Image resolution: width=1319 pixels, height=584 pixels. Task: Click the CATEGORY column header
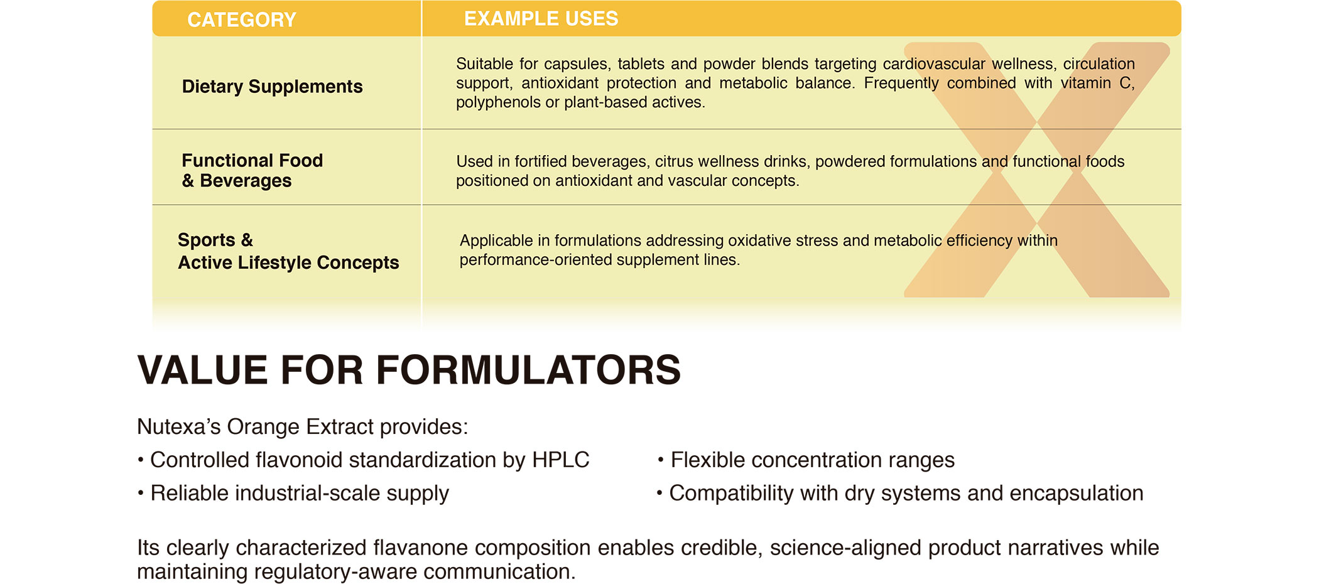pos(241,20)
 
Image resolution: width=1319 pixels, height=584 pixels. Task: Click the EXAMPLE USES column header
pos(541,19)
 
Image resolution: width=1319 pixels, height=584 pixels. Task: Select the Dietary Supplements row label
pos(272,87)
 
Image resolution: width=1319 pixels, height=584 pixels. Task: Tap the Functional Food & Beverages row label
pos(252,170)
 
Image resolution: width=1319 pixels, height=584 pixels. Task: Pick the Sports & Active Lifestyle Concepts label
pos(288,251)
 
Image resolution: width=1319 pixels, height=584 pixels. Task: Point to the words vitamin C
pos(1097,84)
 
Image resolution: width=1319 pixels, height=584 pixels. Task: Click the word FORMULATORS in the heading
pos(528,370)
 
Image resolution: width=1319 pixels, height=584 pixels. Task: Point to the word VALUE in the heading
pos(204,370)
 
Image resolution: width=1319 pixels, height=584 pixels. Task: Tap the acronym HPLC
pos(560,460)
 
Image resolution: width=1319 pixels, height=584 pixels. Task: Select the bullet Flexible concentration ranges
pos(812,460)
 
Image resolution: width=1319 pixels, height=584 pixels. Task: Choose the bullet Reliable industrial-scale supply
pos(300,494)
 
